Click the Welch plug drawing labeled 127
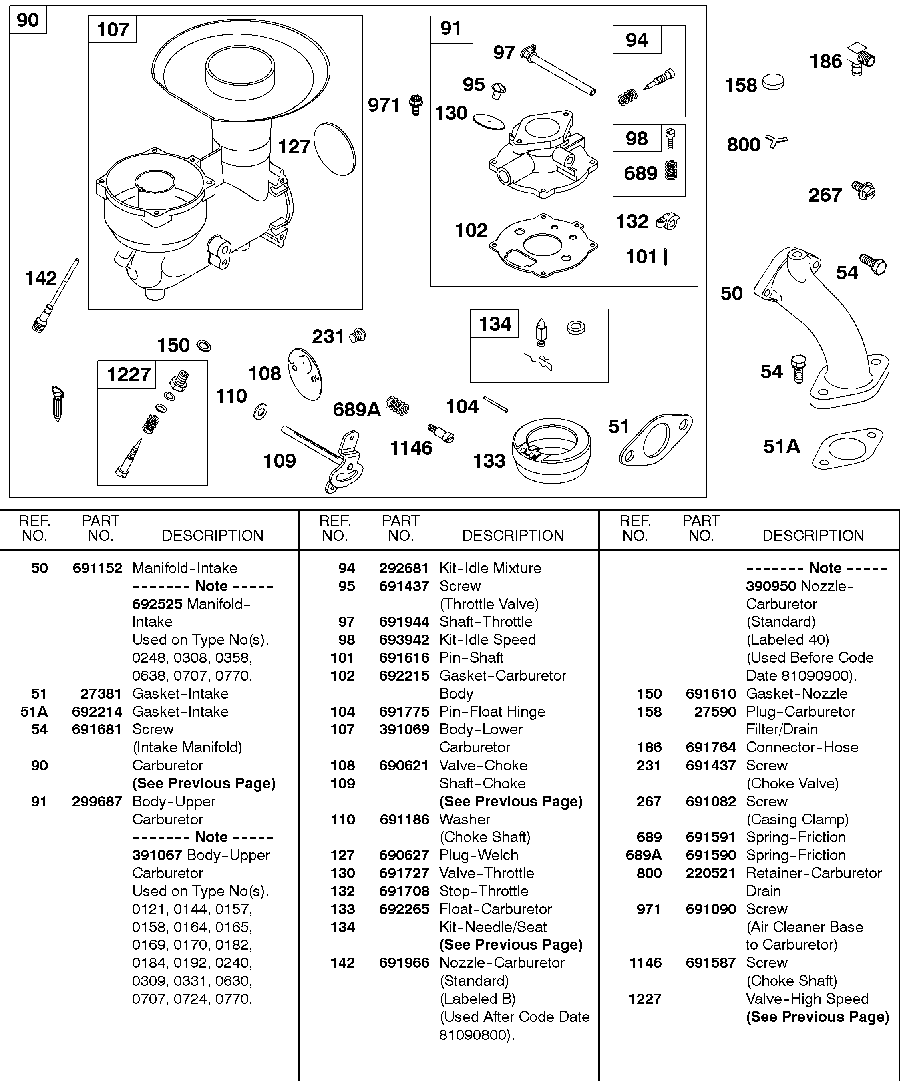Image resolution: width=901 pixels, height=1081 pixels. (335, 149)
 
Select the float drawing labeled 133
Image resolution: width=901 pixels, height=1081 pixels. (551, 450)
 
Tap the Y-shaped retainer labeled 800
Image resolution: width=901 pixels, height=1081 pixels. (775, 141)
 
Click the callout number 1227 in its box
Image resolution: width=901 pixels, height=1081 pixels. (128, 375)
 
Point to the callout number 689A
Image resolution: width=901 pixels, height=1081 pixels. (356, 410)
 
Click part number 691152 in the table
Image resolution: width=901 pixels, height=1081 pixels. (97, 568)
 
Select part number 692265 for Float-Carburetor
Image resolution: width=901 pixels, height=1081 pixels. (404, 909)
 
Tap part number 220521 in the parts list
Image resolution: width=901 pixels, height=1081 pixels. (710, 873)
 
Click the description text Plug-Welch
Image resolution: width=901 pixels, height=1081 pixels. (479, 855)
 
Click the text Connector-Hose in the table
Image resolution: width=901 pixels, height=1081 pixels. (802, 747)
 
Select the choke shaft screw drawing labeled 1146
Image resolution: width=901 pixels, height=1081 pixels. (441, 433)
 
